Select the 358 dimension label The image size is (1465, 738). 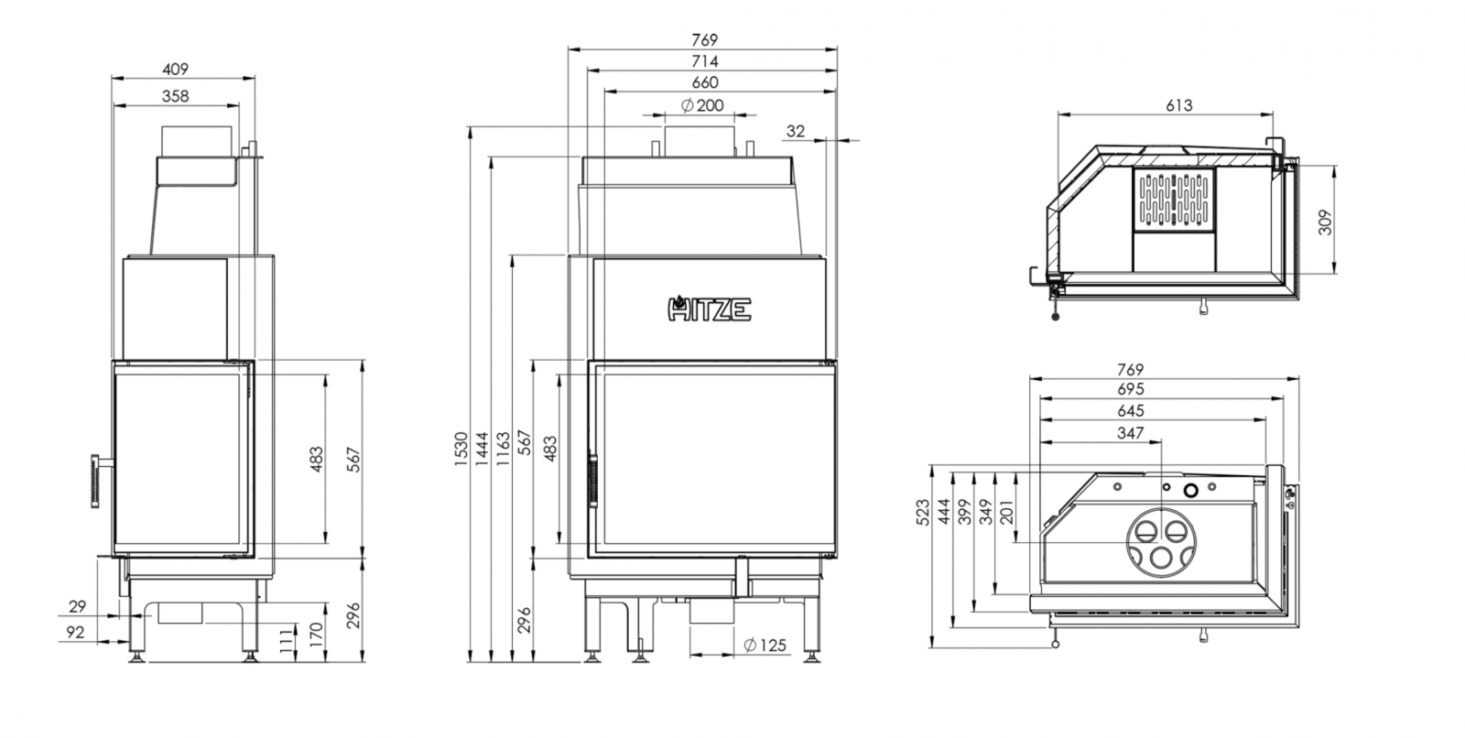coord(175,95)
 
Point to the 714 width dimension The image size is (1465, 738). coord(705,61)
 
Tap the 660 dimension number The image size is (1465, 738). coord(705,82)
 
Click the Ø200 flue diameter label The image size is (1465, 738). coord(703,105)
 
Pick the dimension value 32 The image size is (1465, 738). coord(796,131)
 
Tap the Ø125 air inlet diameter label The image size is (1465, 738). coord(765,646)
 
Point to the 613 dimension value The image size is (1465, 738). coord(1179,105)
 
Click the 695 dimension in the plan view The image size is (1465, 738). coord(1132,390)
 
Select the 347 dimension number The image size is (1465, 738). coord(1132,433)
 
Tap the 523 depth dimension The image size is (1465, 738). coord(922,511)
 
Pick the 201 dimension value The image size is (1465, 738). coord(1006,511)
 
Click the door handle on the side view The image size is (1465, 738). coord(94,478)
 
